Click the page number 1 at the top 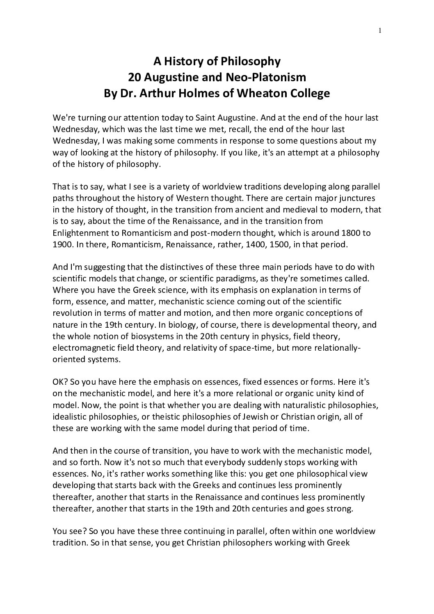click(380, 30)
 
